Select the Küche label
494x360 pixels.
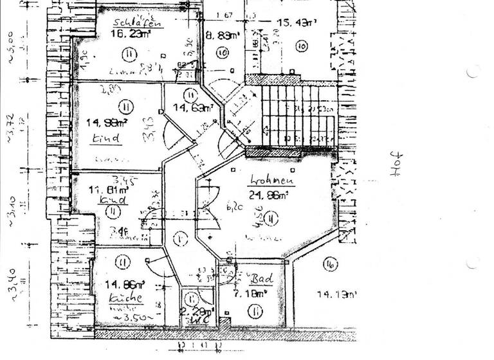point(121,300)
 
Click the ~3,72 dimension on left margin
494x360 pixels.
point(11,126)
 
